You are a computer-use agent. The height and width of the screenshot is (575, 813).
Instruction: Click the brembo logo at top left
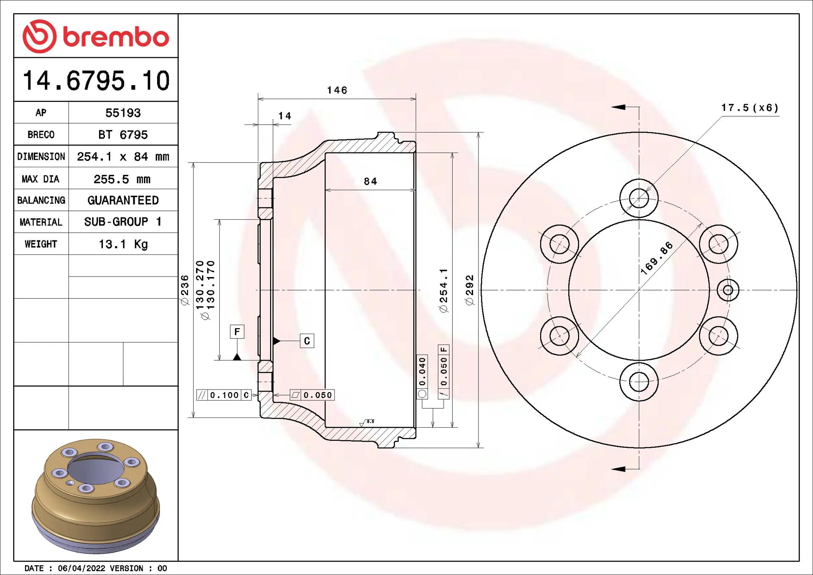[x=96, y=36]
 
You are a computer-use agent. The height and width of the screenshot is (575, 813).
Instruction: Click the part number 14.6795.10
[x=96, y=80]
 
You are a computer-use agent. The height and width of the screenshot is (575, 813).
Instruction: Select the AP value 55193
[x=123, y=113]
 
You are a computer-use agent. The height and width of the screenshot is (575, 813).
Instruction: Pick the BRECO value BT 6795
[x=123, y=135]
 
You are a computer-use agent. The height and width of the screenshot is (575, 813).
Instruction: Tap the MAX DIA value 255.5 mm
[x=122, y=179]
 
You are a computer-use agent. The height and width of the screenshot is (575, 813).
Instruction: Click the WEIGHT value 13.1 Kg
[x=123, y=244]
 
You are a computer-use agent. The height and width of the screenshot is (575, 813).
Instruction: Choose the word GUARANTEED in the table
[x=123, y=200]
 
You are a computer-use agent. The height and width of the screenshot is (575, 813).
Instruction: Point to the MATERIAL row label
[x=41, y=222]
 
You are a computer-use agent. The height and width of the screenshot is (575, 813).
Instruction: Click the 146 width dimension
[x=337, y=90]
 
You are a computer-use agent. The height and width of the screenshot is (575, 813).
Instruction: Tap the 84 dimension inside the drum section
[x=371, y=181]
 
